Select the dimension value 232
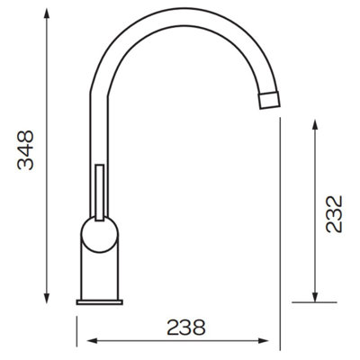[334, 213]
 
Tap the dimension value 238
[185, 327]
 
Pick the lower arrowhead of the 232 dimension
[314, 298]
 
